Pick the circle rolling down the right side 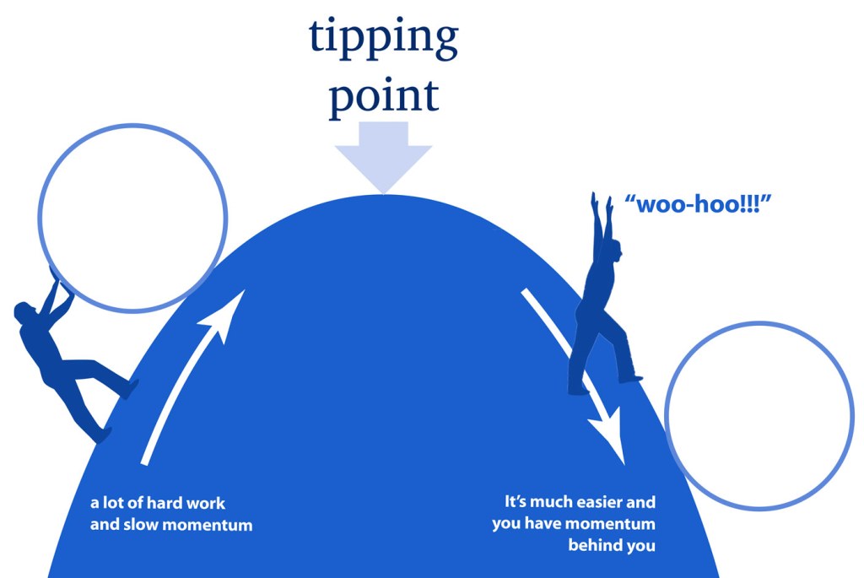coord(759,415)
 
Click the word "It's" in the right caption coord(516,502)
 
